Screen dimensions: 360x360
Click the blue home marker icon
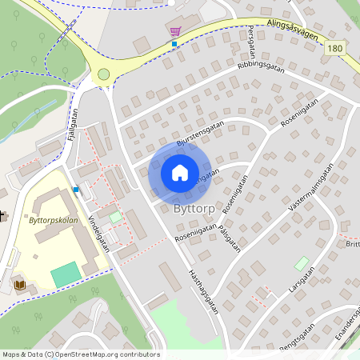click(180, 172)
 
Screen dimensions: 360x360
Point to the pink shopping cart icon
click(175, 30)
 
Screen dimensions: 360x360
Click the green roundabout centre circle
click(103, 74)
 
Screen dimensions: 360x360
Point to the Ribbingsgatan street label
click(262, 70)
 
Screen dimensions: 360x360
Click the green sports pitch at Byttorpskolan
click(66, 274)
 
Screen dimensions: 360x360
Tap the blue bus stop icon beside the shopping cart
click(174, 44)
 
